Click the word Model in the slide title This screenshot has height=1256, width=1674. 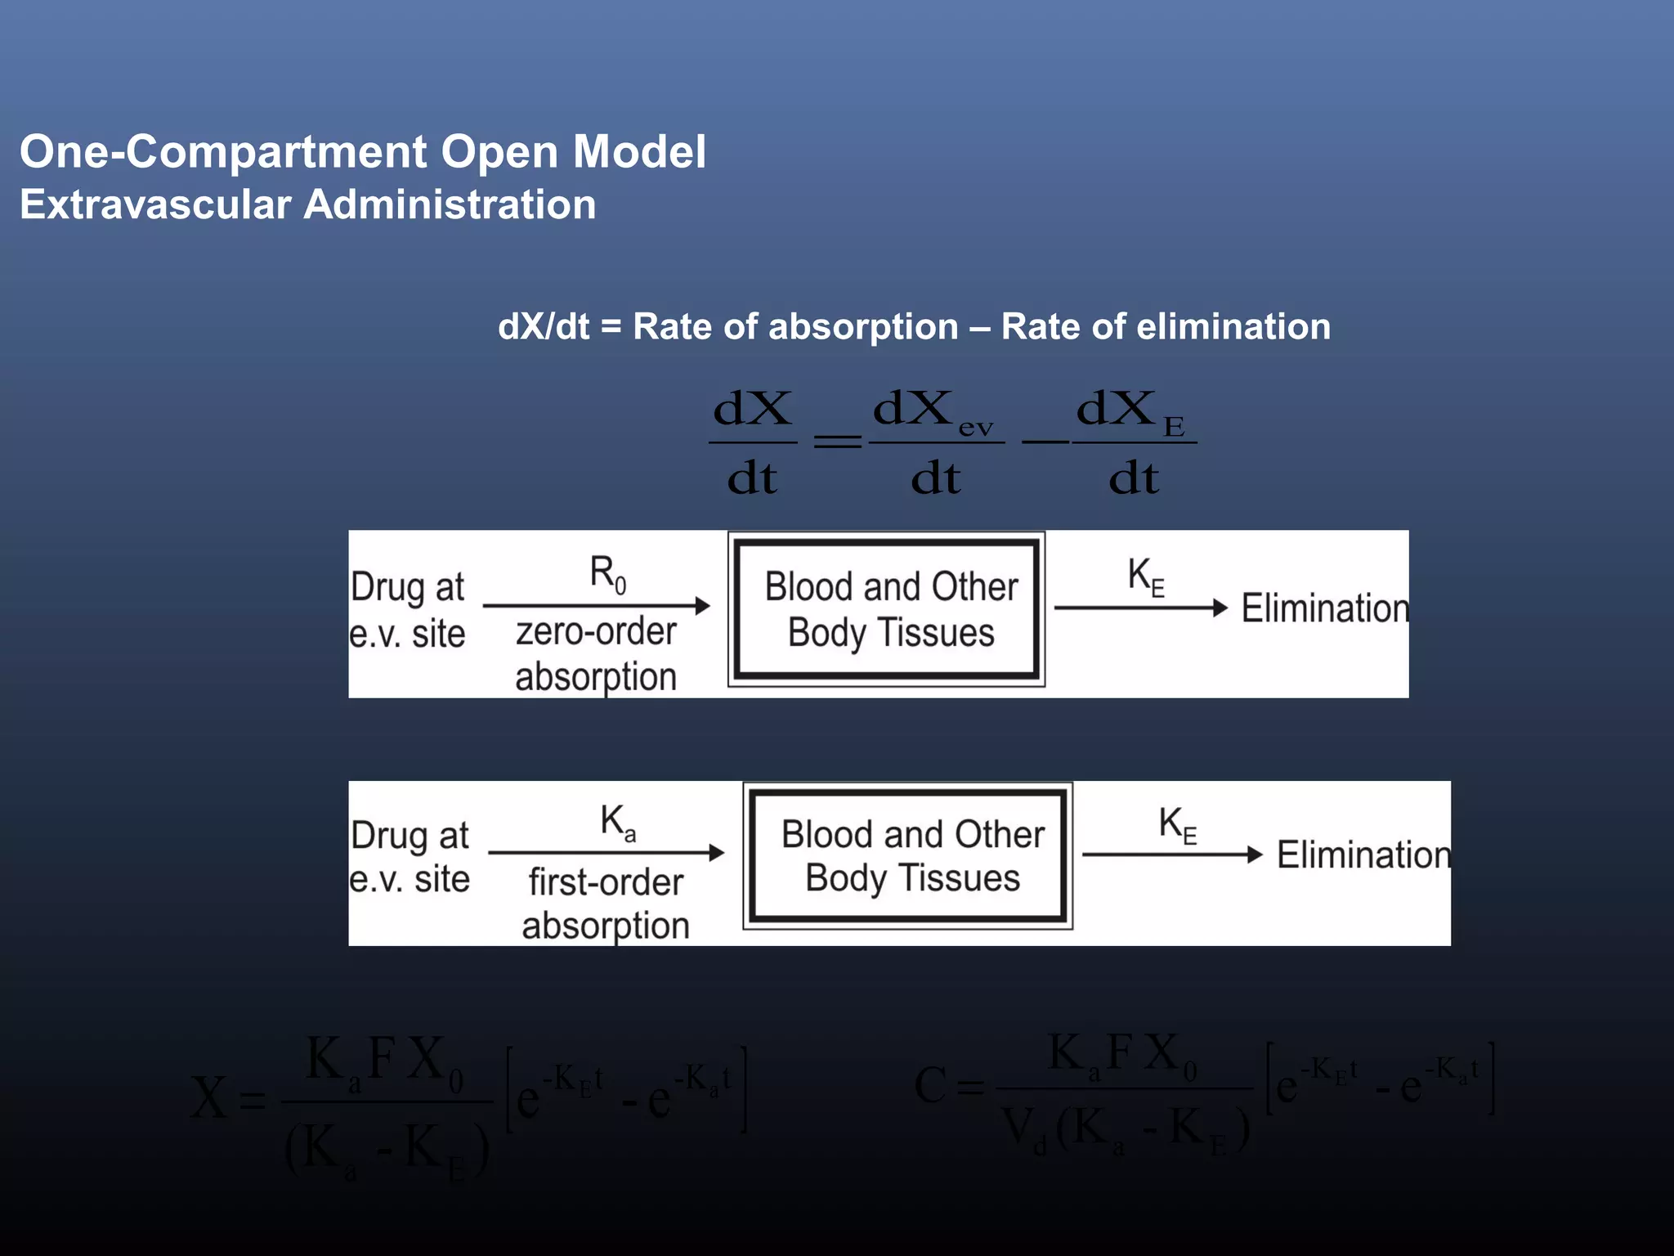pos(639,152)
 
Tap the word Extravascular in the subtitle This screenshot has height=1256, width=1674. pos(155,204)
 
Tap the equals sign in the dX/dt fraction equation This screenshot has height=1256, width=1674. pos(838,442)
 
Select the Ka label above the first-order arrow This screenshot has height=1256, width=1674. pos(617,822)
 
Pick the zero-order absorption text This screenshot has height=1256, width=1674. pos(596,654)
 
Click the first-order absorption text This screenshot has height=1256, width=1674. pos(606,904)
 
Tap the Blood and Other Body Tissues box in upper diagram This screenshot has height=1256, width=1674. pos(887,609)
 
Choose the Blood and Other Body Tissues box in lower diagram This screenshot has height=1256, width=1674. pos(908,856)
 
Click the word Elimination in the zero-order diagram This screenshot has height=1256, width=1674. pos(1324,608)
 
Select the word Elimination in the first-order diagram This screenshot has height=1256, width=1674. pos(1363,855)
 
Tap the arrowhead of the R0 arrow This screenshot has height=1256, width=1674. pos(702,606)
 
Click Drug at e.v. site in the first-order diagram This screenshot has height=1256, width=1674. pos(410,857)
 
